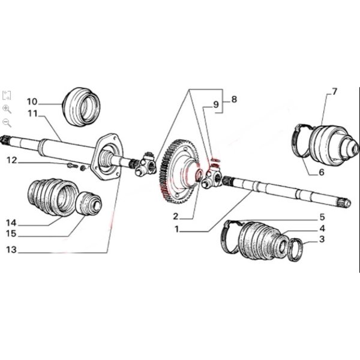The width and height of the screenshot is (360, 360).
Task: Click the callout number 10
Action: [32, 101]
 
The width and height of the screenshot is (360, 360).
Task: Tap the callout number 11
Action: [32, 113]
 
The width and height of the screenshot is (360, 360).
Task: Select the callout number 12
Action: [12, 160]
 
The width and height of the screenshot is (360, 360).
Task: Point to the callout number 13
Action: [11, 250]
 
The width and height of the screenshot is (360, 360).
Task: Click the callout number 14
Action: [11, 223]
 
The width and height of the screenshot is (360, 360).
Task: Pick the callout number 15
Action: [11, 234]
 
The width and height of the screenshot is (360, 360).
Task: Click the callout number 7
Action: [334, 92]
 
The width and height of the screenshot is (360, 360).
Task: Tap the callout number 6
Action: [322, 172]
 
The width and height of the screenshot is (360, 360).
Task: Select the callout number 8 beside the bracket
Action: [234, 100]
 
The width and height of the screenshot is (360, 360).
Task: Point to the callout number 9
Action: [216, 104]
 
